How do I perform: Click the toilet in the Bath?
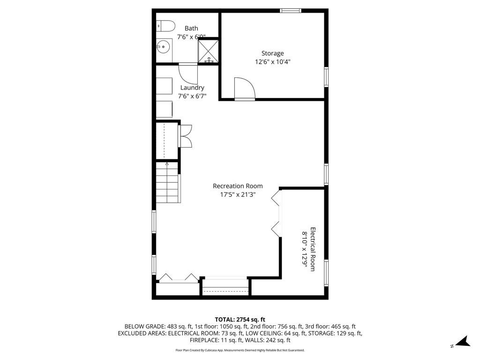165,25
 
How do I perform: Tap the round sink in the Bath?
163,46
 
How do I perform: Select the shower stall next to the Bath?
209,51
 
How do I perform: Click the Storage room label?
272,53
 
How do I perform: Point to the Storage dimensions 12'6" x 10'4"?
272,61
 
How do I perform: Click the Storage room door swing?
244,88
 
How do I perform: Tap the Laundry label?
192,88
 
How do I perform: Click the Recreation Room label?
238,186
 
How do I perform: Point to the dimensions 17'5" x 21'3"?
238,195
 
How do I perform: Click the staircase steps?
167,185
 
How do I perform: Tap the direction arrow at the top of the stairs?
167,164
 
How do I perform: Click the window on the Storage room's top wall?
290,10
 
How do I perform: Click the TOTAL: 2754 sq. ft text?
240,319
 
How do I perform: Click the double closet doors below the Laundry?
185,136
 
